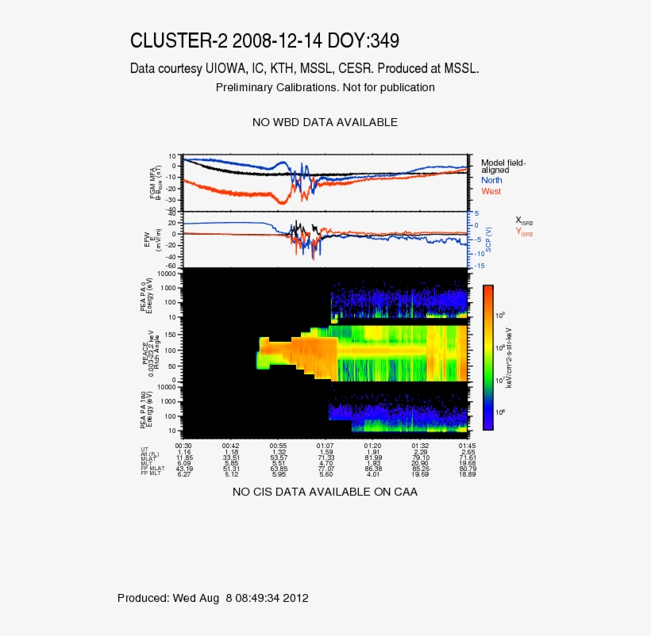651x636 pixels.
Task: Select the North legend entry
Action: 492,181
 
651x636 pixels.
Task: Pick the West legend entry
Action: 491,192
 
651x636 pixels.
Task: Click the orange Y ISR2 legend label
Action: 524,232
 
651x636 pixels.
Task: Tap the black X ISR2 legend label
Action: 524,220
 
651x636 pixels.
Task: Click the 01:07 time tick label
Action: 325,446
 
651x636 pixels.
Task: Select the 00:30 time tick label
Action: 183,446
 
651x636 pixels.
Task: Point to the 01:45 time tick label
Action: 467,446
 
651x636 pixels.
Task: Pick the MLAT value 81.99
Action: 373,458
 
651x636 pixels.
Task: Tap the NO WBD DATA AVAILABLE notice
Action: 325,122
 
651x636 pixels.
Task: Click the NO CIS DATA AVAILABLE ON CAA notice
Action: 325,492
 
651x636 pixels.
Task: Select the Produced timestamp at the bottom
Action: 213,598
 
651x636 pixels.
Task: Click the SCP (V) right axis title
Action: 489,239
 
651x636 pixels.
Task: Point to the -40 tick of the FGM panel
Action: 172,209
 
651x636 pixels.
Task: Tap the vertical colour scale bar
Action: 488,357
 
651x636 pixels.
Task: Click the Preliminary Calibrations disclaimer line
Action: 325,87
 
